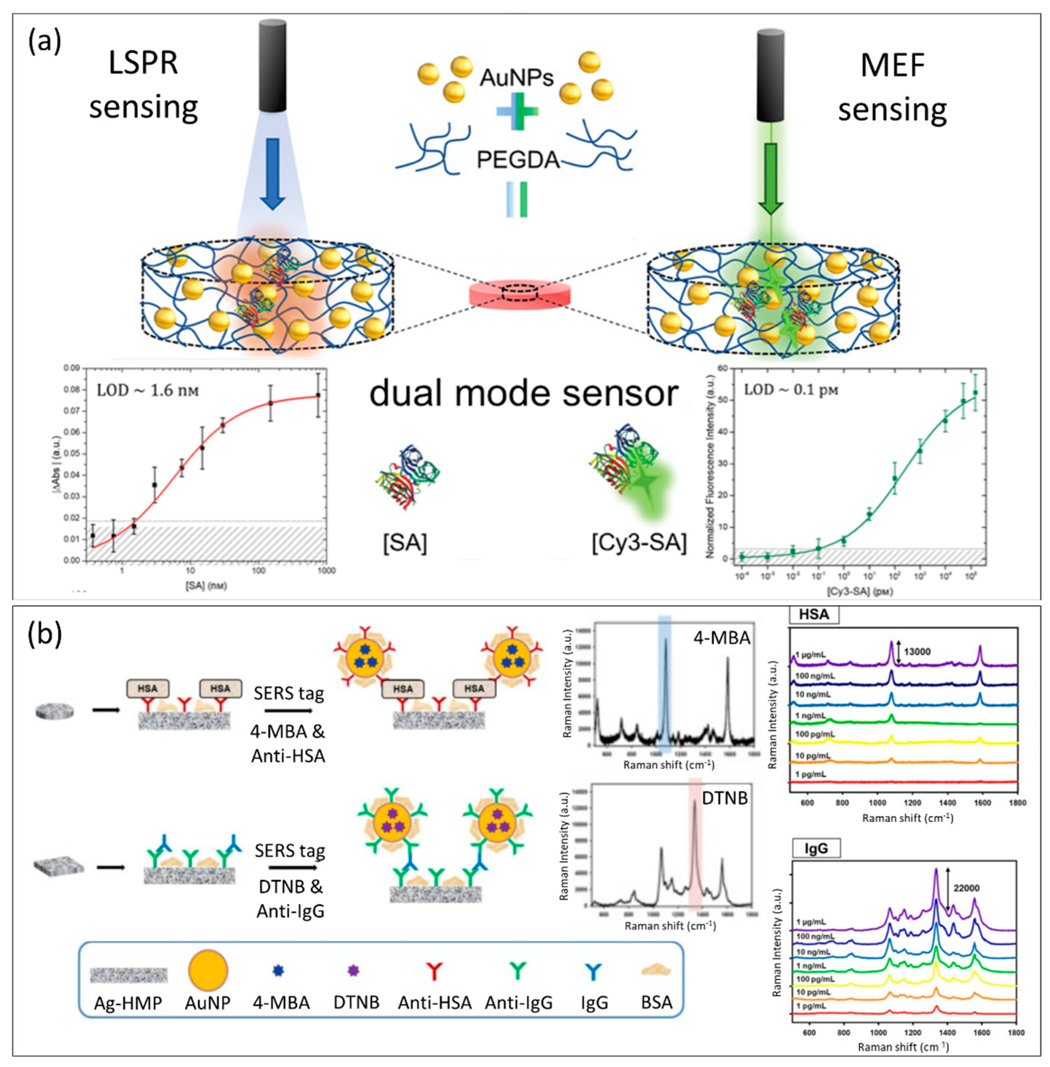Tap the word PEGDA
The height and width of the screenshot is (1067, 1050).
point(518,160)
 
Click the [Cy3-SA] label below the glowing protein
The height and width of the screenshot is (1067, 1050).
point(639,544)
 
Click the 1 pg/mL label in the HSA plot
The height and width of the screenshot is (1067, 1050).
point(810,774)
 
